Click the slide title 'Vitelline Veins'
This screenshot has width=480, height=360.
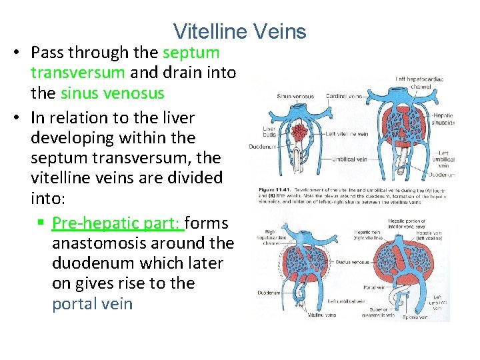[x=239, y=31]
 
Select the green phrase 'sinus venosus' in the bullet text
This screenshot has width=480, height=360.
[x=112, y=93]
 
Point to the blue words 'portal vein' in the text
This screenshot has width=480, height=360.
[x=92, y=304]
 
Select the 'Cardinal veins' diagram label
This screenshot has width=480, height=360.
[x=347, y=96]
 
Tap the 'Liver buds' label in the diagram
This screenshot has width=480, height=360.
[x=269, y=131]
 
